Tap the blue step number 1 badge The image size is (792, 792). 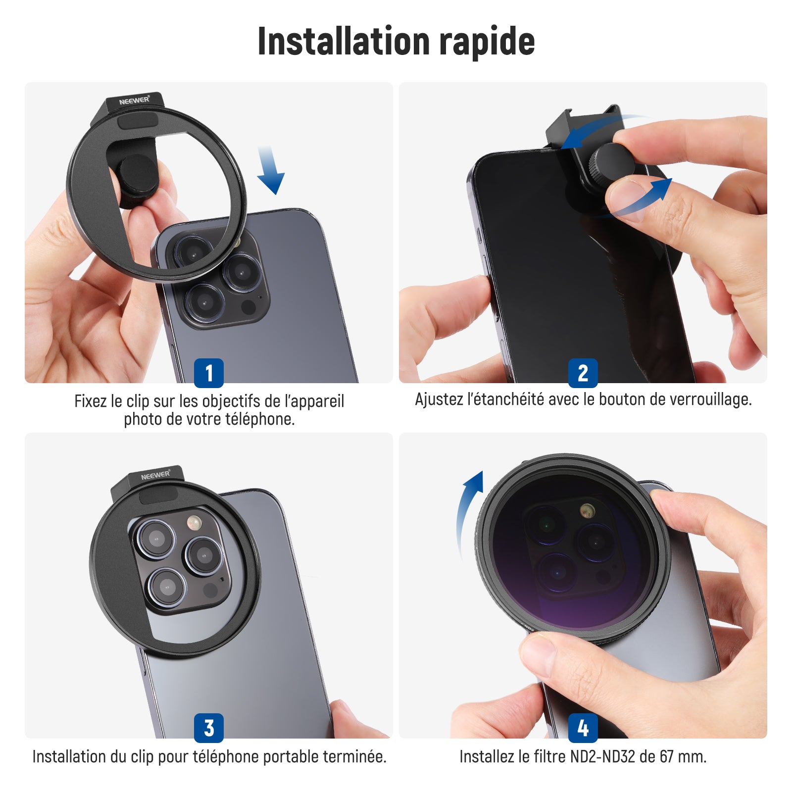208,373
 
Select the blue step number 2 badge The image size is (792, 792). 583,373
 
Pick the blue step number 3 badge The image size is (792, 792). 208,728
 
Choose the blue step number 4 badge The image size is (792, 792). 583,728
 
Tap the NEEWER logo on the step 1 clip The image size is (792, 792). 134,100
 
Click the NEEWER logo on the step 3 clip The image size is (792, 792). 155,475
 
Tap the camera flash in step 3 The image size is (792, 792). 193,522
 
